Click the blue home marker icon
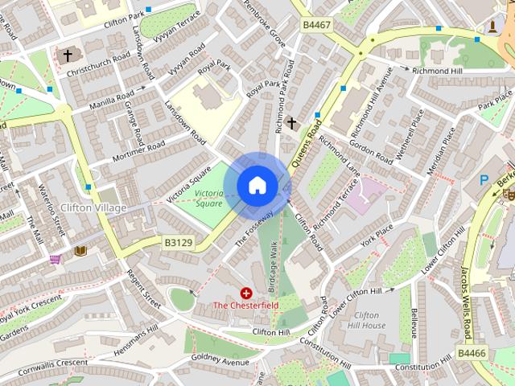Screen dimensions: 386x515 coord(257,186)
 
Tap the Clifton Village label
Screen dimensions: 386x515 coord(93,208)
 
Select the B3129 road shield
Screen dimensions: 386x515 coord(179,241)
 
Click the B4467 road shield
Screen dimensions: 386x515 coord(316,26)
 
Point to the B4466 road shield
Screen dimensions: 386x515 coord(472,352)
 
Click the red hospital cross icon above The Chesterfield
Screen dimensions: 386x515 coord(246,294)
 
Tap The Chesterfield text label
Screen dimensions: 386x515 coord(246,306)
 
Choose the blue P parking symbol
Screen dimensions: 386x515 coord(484,181)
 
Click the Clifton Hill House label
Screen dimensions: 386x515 coord(369,320)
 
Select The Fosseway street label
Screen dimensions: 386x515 coord(254,228)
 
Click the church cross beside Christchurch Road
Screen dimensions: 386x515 coord(68,55)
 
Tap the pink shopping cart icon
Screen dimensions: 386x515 coord(55,259)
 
